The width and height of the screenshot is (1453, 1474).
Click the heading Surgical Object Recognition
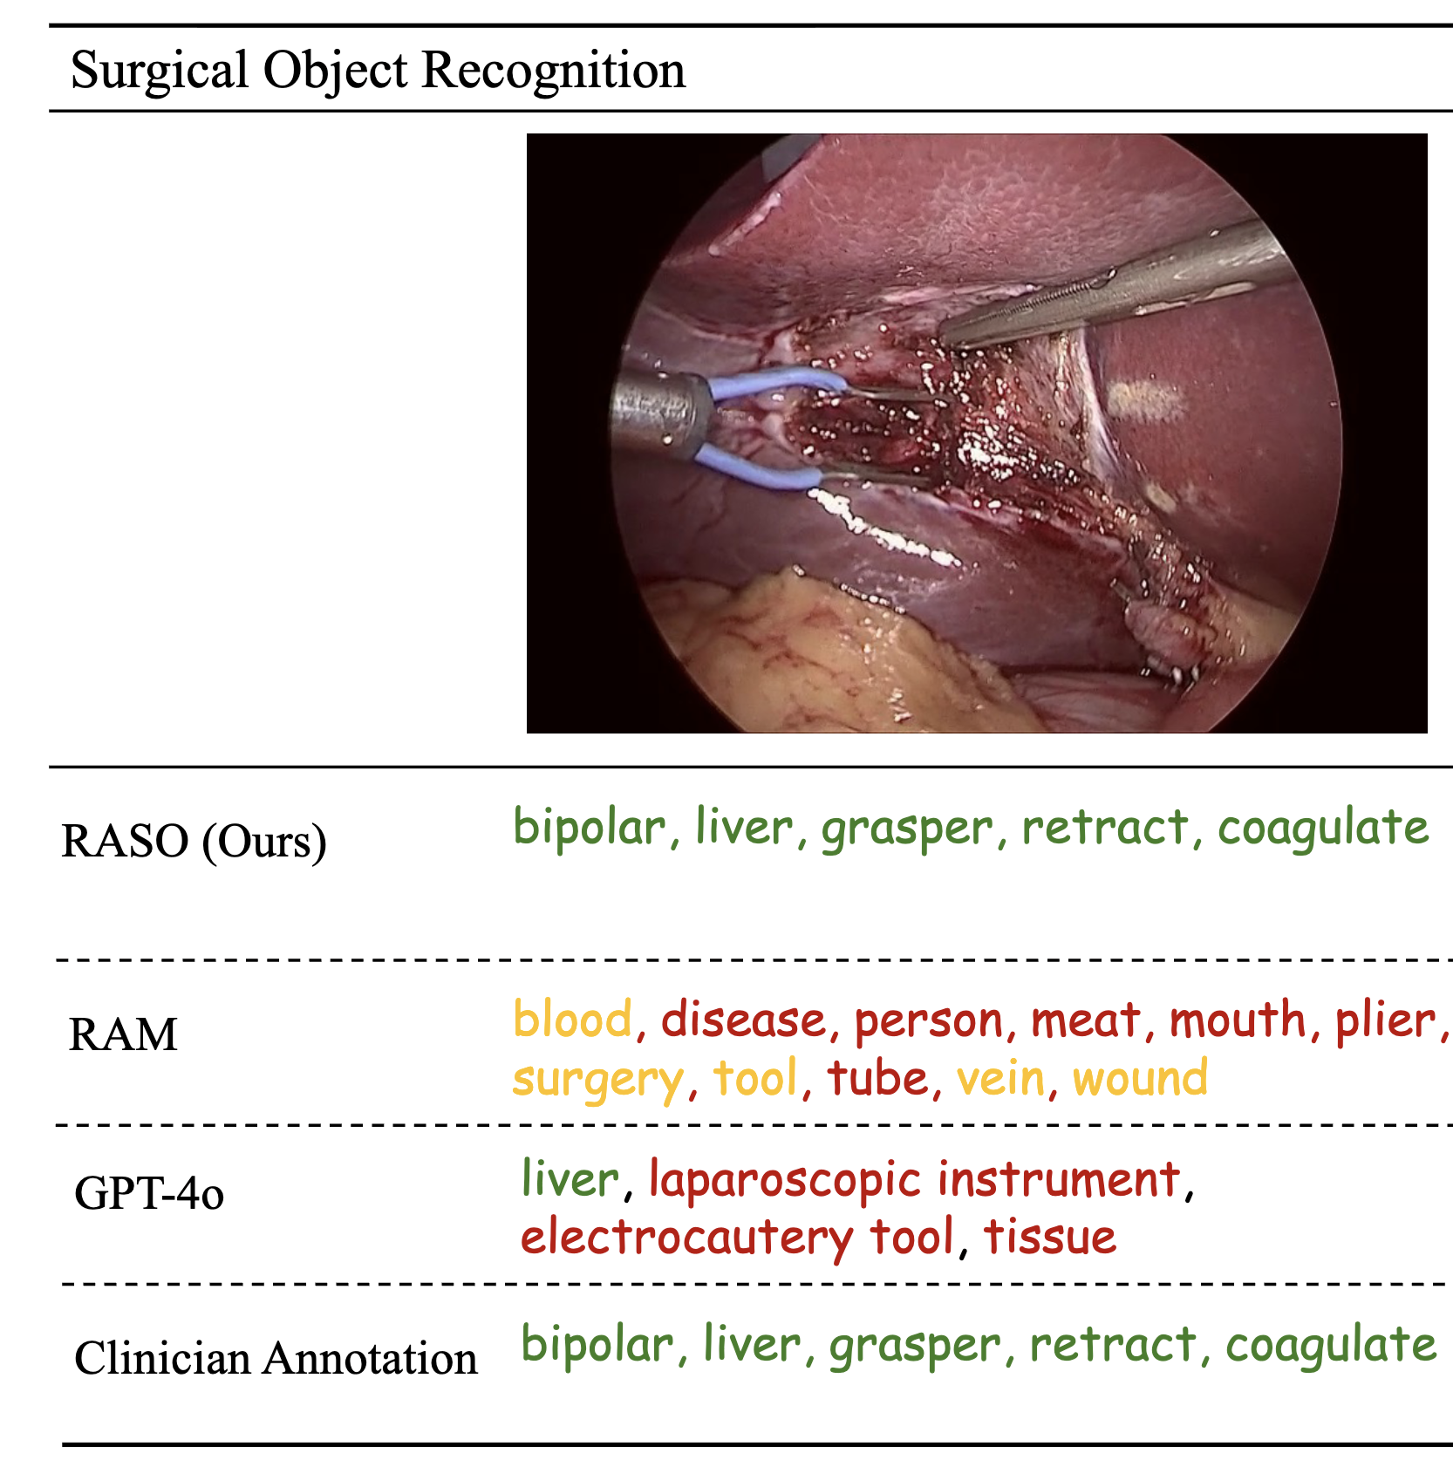coord(378,70)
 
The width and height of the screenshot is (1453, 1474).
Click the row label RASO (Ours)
coord(194,842)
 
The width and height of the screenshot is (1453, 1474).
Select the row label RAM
coord(123,1035)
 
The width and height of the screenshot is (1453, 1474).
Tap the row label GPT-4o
coord(149,1193)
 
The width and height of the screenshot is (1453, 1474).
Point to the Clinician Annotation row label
coord(276,1359)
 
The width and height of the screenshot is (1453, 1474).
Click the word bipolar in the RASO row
coord(590,828)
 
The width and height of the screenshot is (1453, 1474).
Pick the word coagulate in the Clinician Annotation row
coord(1331,1345)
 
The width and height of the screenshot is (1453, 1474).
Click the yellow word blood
coord(573,1020)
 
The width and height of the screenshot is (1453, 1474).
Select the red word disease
coord(743,1020)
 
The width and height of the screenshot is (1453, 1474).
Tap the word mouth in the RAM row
coord(1238,1020)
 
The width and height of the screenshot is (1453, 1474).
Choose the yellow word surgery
coord(598,1080)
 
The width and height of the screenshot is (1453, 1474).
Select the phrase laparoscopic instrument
coord(915,1180)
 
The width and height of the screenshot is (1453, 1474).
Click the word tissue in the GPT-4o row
coord(1050,1238)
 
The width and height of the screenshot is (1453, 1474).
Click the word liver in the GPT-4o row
coord(570,1180)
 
